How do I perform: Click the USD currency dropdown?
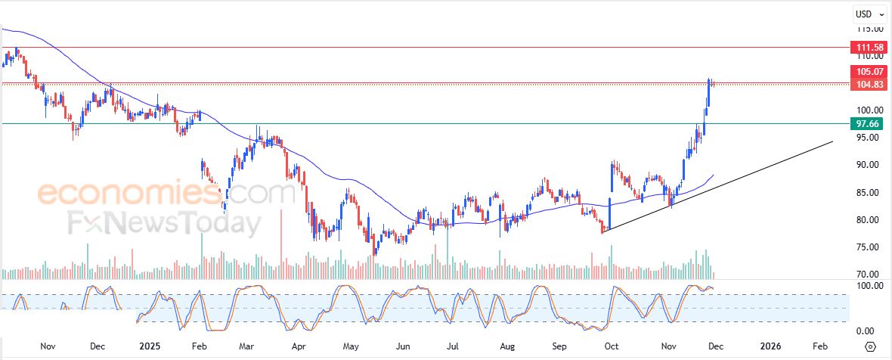867,14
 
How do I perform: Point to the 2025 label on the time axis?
150,346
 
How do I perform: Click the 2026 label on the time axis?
770,346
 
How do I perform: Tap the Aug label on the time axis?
506,346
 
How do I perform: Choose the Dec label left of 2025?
97,346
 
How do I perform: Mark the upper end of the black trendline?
833,141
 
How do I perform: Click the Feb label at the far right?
819,346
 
